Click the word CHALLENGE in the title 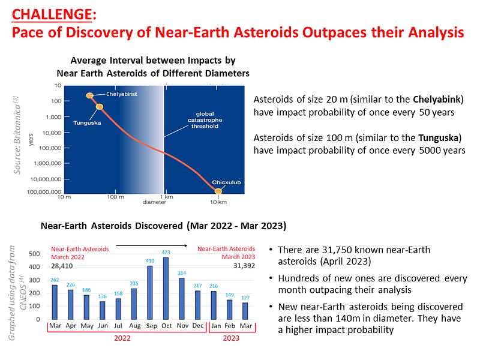(52, 14)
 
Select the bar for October (166, 289)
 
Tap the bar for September (149, 293)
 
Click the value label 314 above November (182, 273)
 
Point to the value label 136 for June (102, 296)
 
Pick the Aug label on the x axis (134, 326)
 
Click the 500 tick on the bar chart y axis (34, 254)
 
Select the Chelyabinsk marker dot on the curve (89, 95)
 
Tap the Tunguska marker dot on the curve (100, 107)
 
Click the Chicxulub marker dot (218, 191)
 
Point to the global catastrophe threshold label (205, 120)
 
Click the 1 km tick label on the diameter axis (167, 197)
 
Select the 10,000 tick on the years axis (52, 133)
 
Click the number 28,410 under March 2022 (62, 266)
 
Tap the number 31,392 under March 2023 (244, 266)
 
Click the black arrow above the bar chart (152, 245)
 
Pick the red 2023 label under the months (231, 338)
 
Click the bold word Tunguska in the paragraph (439, 138)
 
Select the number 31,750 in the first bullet (338, 250)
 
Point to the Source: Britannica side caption (17, 136)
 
